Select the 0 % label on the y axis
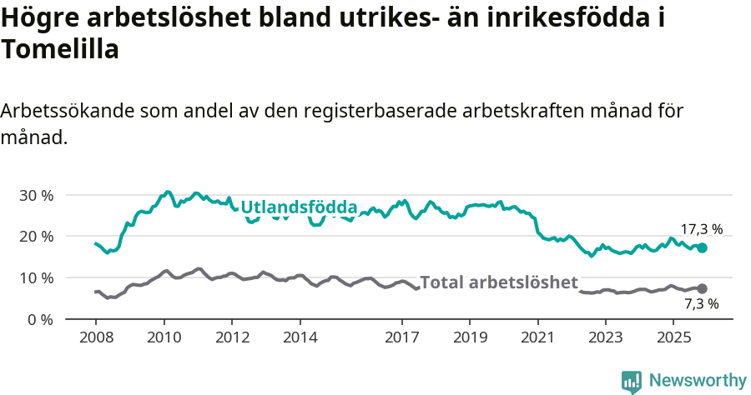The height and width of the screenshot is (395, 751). (41, 319)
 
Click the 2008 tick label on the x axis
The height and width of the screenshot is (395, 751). (96, 337)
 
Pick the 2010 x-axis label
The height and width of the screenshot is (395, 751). (164, 337)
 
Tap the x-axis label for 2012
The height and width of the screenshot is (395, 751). (232, 337)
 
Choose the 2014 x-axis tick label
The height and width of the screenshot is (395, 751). (300, 337)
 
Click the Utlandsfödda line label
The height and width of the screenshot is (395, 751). (299, 207)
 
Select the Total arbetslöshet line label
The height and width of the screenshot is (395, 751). (498, 282)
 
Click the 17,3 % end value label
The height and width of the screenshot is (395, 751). (701, 229)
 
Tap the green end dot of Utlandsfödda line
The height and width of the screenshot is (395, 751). (703, 247)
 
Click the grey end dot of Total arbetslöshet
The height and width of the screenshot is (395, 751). (703, 288)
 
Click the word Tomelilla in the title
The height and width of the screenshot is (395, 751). (60, 49)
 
